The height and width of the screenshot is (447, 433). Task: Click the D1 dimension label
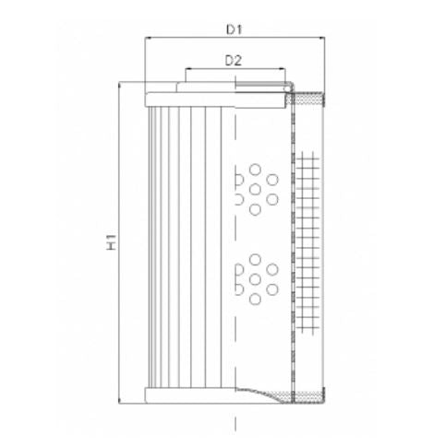click(235, 29)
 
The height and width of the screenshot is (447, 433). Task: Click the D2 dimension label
click(234, 61)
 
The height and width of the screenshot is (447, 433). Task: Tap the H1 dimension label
click(112, 243)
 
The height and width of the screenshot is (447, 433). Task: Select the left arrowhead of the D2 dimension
click(188, 70)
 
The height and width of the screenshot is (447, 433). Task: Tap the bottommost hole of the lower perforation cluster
click(255, 299)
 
